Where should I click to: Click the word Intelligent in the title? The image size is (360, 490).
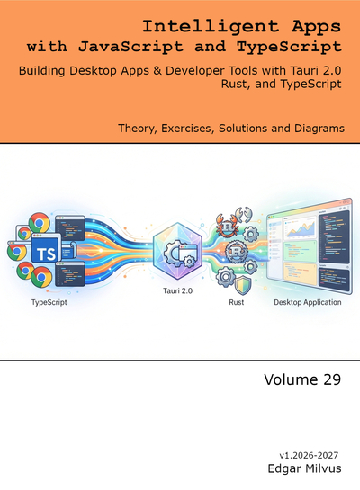211,27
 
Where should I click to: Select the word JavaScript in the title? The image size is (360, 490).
130,47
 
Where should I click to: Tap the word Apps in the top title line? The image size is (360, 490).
316,27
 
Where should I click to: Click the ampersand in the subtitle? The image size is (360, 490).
157,71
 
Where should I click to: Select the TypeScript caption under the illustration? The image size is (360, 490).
49,302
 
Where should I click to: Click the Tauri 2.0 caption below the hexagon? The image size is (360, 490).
177,290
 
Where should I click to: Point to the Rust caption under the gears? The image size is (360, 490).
237,302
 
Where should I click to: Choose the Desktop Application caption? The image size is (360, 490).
308,302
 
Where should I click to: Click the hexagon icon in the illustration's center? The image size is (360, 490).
177,251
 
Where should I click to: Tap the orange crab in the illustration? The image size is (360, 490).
228,225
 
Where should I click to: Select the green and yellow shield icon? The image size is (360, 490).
243,285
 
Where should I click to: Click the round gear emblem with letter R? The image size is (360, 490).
236,252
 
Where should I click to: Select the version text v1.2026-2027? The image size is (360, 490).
309,455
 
